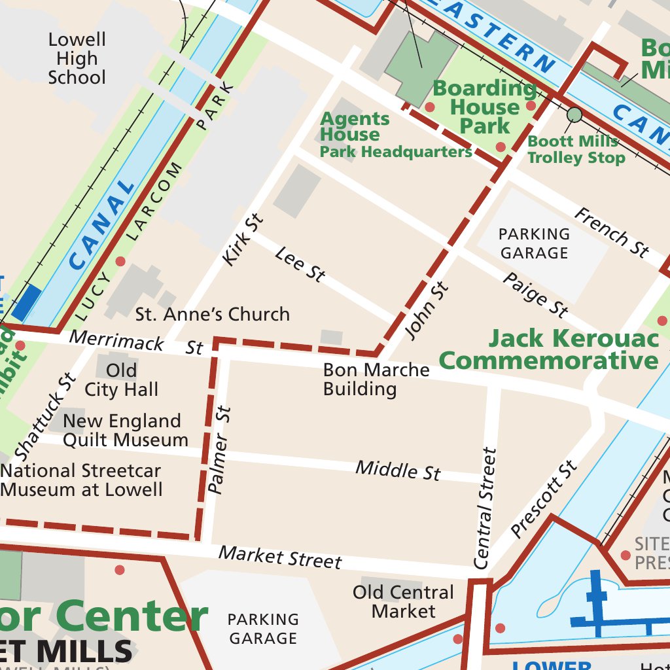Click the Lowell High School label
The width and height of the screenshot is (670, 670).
pos(77,59)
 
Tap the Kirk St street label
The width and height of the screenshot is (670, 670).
pos(243,239)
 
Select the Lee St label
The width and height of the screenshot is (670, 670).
pos(300,264)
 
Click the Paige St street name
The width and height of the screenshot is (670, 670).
pos(535,294)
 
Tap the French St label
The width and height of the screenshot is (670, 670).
pos(612,232)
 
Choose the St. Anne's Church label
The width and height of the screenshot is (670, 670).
pos(212,315)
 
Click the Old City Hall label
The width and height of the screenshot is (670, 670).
pos(122,380)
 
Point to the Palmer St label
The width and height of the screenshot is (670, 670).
pos(220,450)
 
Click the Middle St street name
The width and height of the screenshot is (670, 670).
pos(398,470)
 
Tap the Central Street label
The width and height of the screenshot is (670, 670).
pos(485,508)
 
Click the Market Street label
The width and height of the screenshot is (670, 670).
pos(280,557)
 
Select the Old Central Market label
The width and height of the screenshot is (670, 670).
pos(403,602)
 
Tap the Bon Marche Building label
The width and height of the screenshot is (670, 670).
pos(376,379)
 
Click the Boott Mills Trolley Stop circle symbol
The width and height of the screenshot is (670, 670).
pos(574,115)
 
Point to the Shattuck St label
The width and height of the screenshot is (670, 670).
pos(44,417)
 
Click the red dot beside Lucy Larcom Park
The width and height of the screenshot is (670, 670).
pos(120,262)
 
